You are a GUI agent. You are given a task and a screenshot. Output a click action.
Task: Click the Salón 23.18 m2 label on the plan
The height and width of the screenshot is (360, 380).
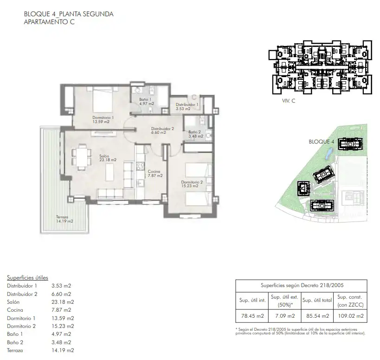click(x=108, y=158)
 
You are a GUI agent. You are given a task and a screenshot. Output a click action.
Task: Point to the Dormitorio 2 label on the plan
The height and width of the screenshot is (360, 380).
click(x=192, y=184)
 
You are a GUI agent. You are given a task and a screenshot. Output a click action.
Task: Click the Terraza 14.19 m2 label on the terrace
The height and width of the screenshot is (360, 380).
click(x=64, y=219)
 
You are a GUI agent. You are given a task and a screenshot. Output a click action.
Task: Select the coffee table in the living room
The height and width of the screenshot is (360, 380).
click(x=109, y=172)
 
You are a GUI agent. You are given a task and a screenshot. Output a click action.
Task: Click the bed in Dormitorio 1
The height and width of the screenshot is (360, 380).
click(x=103, y=100)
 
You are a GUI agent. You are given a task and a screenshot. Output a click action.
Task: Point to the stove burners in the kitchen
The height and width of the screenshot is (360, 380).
click(x=140, y=166)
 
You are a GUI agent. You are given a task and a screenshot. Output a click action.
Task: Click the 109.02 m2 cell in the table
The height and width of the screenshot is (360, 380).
click(x=350, y=316)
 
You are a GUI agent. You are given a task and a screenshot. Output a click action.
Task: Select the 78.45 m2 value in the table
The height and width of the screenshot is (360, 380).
click(x=252, y=316)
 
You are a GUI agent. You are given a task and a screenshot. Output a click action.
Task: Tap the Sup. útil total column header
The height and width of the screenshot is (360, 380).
click(x=317, y=301)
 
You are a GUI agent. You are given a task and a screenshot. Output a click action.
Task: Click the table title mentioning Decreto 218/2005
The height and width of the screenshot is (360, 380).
click(x=302, y=285)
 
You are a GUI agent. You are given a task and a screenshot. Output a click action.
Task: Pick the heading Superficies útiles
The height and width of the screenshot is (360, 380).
click(x=27, y=277)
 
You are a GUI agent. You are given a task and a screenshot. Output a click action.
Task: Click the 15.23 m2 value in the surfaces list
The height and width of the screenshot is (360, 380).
click(x=63, y=326)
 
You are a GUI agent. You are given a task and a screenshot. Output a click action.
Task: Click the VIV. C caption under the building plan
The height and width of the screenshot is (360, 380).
click(x=289, y=101)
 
